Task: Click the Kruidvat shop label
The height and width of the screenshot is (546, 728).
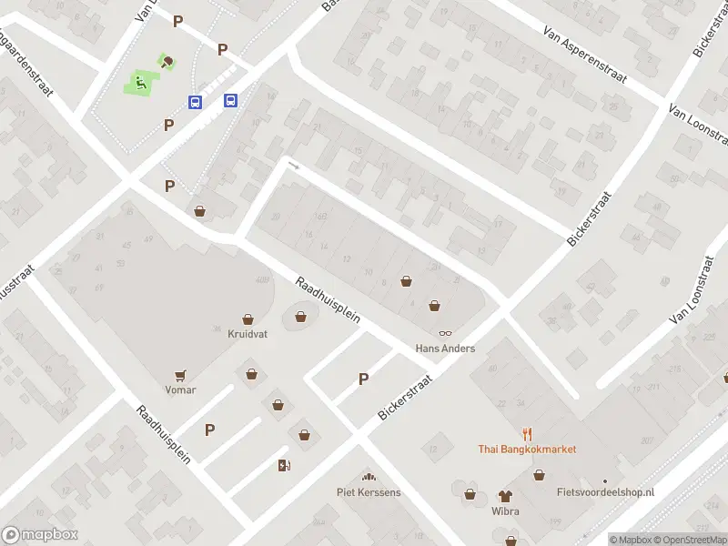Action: [x=248, y=334]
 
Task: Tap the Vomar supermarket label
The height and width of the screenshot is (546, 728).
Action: [x=180, y=389]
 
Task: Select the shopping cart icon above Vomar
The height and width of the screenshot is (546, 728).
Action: [x=180, y=375]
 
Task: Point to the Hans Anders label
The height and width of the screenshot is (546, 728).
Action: [x=445, y=349]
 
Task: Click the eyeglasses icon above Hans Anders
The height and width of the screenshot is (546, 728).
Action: [x=445, y=334]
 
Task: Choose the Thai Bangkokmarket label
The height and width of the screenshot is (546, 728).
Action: [x=527, y=449]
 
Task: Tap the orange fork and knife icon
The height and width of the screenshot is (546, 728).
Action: [x=527, y=434]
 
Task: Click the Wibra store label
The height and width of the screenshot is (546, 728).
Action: [x=505, y=511]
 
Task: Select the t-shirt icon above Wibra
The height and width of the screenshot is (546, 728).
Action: [x=505, y=496]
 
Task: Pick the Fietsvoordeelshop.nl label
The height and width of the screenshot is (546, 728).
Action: [x=605, y=492]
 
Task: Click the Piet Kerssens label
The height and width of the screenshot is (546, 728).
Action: [x=369, y=492]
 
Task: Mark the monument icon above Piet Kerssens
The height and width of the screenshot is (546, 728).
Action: [x=369, y=477]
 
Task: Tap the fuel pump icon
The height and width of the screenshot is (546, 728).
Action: [x=284, y=466]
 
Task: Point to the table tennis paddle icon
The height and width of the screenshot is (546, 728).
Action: [x=167, y=62]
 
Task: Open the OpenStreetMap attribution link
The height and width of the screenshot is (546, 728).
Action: [x=688, y=540]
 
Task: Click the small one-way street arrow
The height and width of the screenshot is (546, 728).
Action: [x=293, y=165]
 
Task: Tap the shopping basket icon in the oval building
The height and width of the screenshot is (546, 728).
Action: [x=301, y=318]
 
